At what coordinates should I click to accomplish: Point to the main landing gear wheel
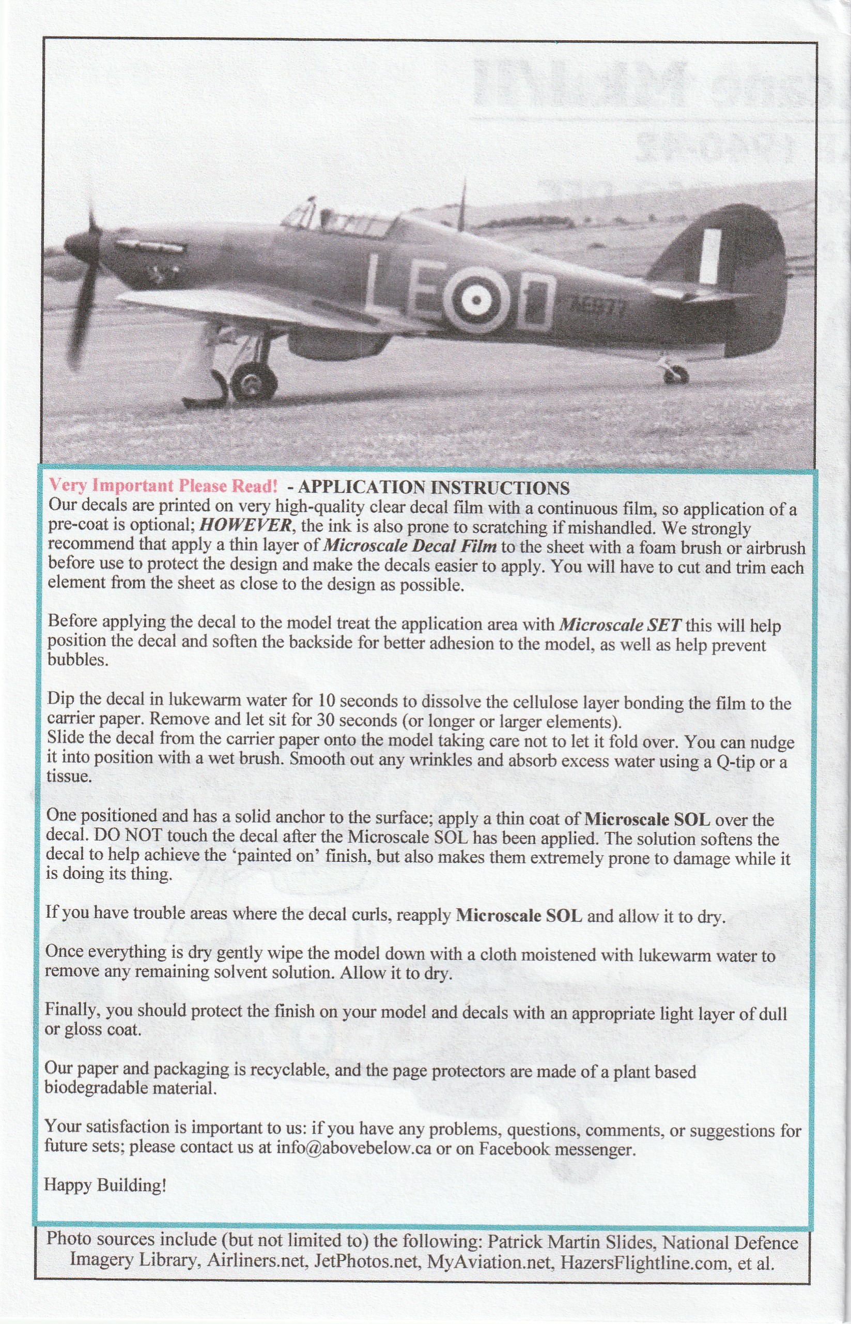254,382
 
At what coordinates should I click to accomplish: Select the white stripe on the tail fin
709,255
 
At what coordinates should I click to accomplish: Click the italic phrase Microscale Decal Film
409,545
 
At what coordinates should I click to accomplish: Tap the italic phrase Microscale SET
621,625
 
